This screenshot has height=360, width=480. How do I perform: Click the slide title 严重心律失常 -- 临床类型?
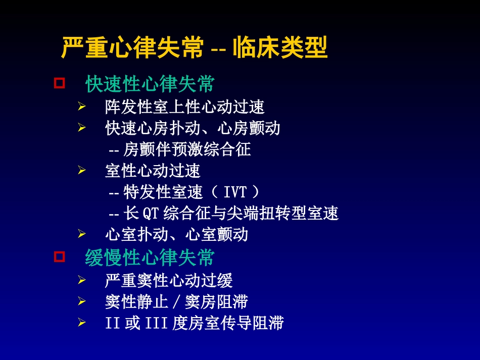(195, 48)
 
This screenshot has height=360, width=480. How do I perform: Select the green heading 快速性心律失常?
(150, 84)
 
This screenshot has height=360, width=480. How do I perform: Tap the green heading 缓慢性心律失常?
(150, 258)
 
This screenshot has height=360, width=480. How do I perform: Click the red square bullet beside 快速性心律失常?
(60, 83)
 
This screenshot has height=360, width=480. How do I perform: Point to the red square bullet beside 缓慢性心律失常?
(60, 256)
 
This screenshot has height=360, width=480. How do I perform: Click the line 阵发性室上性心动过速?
(185, 107)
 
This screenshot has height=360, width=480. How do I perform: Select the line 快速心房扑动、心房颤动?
(193, 128)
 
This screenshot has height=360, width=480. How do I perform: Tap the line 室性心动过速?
(153, 171)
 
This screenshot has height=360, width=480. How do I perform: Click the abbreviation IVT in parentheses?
(235, 192)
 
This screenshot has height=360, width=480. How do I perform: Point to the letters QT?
(151, 214)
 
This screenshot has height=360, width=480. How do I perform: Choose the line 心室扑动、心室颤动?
(177, 234)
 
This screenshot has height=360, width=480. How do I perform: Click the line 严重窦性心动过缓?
(169, 280)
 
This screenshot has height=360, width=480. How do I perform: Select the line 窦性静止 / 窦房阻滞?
(176, 302)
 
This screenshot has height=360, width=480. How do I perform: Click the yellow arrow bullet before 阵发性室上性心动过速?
(82, 107)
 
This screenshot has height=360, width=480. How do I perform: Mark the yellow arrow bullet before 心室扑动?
(82, 234)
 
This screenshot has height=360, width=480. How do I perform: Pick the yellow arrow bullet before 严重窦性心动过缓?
(82, 280)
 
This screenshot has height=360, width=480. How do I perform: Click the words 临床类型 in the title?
(280, 48)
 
